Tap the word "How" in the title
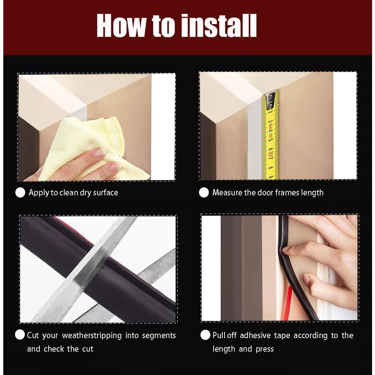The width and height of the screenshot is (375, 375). tap(122, 26)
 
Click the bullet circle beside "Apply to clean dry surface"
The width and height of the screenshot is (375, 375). tap(20, 192)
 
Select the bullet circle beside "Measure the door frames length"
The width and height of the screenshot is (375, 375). tap(204, 192)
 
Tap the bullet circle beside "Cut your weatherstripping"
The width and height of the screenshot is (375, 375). tap(20, 334)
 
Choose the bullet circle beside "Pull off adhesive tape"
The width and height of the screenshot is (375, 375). tap(206, 335)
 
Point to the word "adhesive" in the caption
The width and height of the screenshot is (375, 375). tap(255, 335)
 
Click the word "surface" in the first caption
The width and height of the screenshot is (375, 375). tap(106, 193)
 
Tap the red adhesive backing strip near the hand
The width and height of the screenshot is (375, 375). tap(289, 303)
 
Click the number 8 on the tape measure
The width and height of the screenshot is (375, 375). tap(271, 168)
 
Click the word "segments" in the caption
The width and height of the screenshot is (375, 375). tap(159, 336)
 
